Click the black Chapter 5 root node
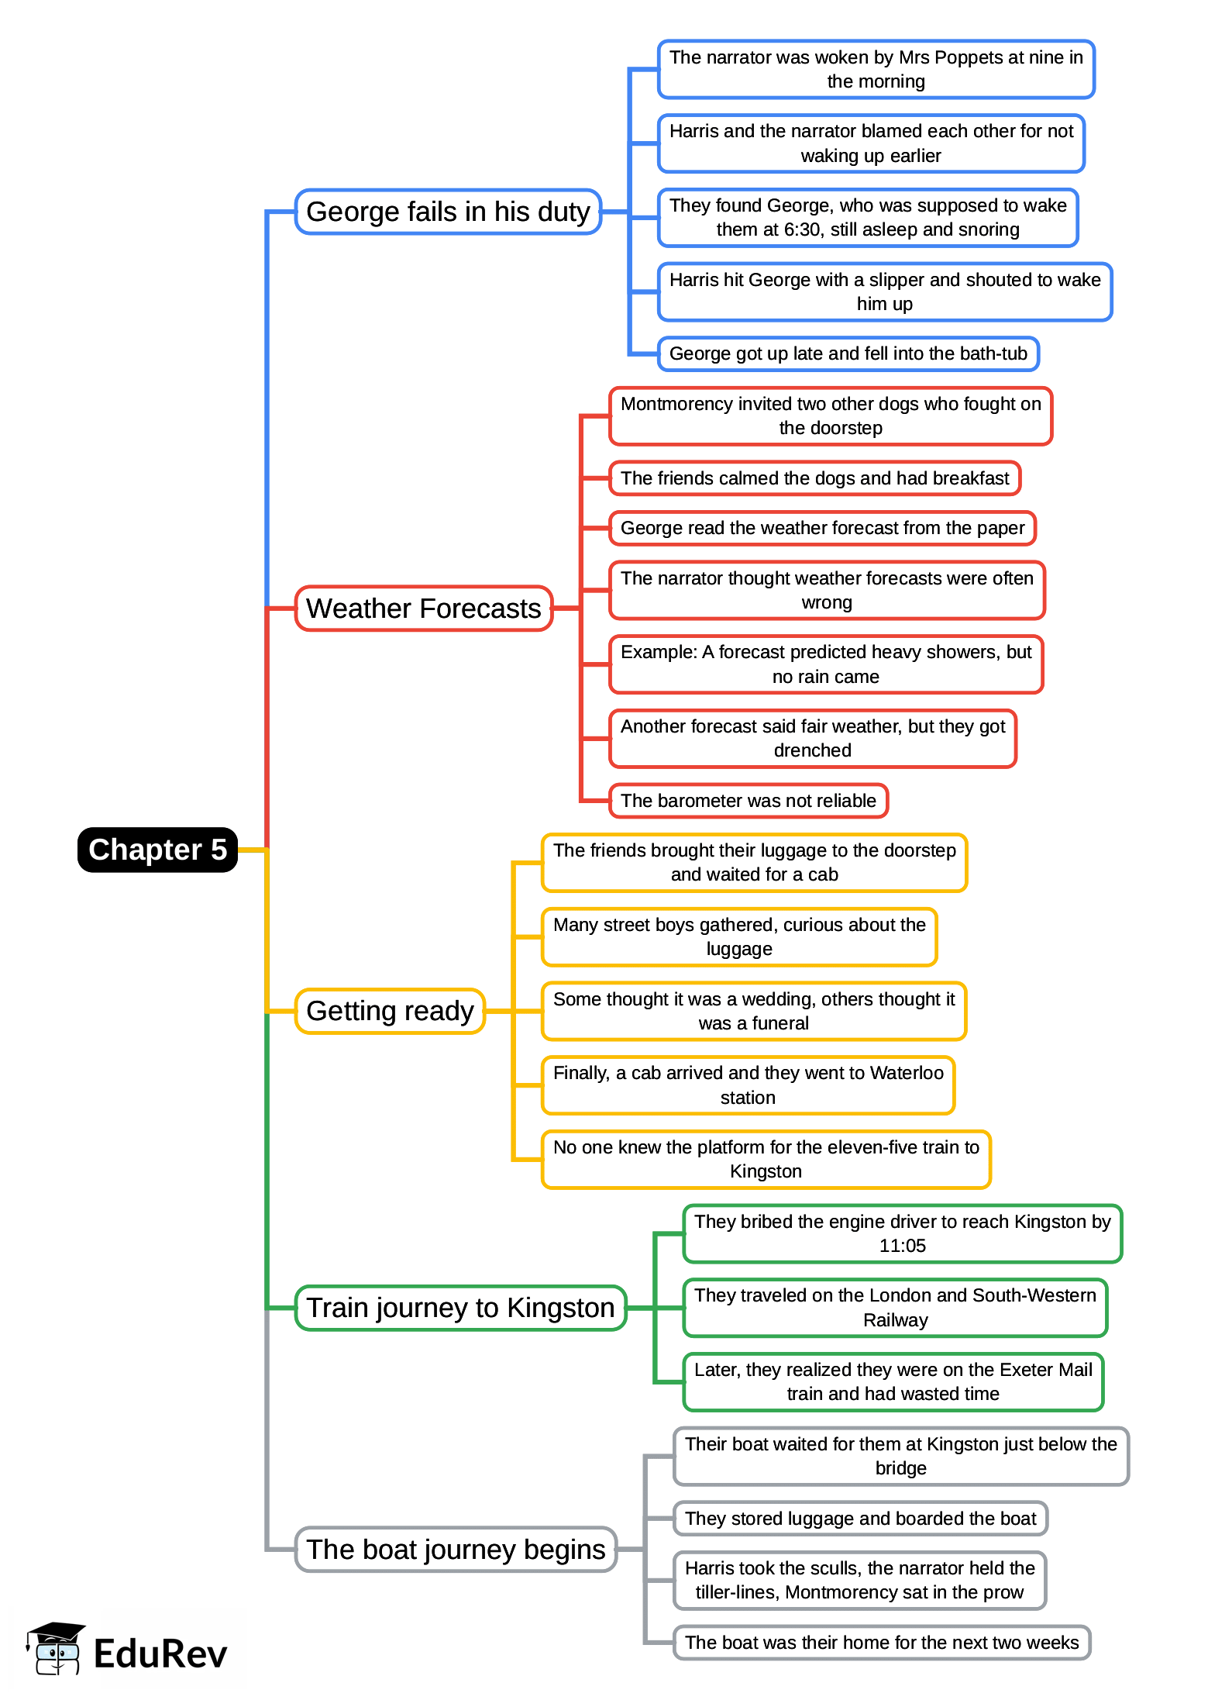coord(157,850)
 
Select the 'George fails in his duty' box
coord(448,212)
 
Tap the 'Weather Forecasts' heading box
coord(423,609)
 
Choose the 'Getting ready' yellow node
coord(390,1011)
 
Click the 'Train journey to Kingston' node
coord(460,1308)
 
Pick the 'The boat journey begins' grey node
coord(456,1550)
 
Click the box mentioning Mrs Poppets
coord(876,69)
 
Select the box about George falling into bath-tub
coord(848,353)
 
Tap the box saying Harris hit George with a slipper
coord(884,291)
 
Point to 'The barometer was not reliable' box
coord(748,801)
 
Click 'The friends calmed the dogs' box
coord(814,478)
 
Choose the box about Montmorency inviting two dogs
coord(830,416)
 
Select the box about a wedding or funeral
coord(753,1011)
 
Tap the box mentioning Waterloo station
coord(748,1085)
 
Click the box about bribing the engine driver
coord(902,1233)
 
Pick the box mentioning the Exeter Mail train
coord(893,1381)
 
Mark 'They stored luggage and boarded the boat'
coord(860,1519)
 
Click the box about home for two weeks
coord(881,1643)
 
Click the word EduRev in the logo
coord(160,1653)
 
